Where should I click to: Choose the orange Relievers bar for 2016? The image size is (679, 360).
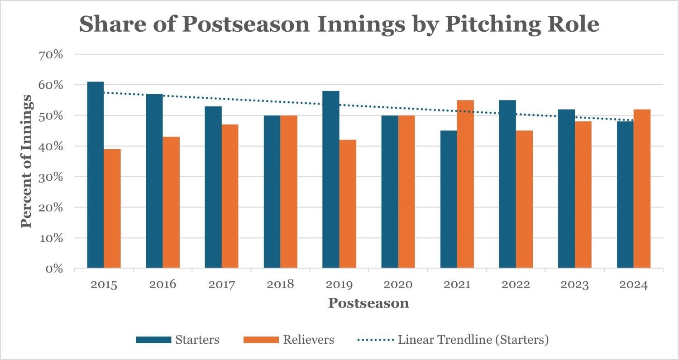tap(171, 202)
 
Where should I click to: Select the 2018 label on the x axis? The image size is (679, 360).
tap(281, 285)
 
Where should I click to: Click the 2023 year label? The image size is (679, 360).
tap(575, 285)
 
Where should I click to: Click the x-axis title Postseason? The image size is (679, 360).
tap(368, 303)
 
